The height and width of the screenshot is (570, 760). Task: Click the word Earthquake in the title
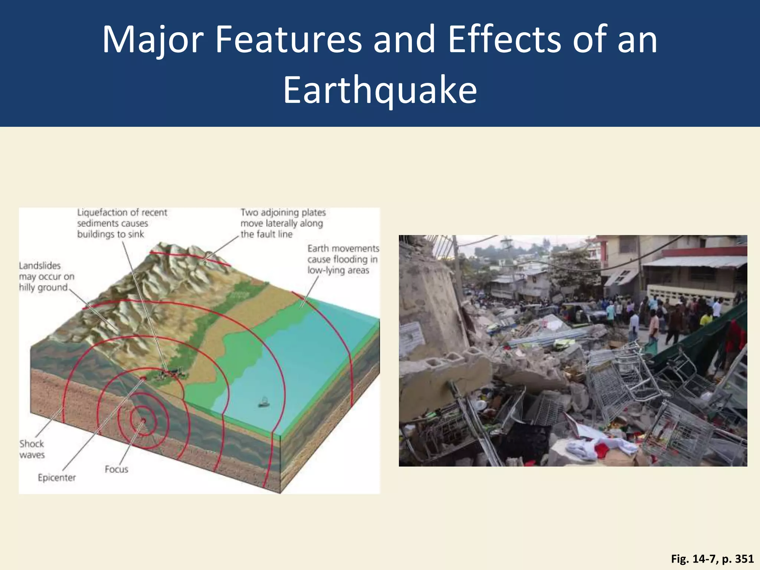click(380, 90)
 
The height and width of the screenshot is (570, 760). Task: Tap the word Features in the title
click(288, 39)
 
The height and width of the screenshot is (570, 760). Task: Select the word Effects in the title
click(505, 39)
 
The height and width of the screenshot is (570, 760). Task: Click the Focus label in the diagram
click(116, 469)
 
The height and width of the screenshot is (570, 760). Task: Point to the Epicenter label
click(57, 478)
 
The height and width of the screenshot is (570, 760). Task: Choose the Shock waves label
click(32, 449)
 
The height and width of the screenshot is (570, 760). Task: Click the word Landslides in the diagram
click(40, 266)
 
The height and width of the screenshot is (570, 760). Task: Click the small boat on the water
click(264, 402)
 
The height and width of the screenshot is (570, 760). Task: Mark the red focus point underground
click(143, 420)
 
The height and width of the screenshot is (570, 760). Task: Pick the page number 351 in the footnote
click(744, 559)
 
